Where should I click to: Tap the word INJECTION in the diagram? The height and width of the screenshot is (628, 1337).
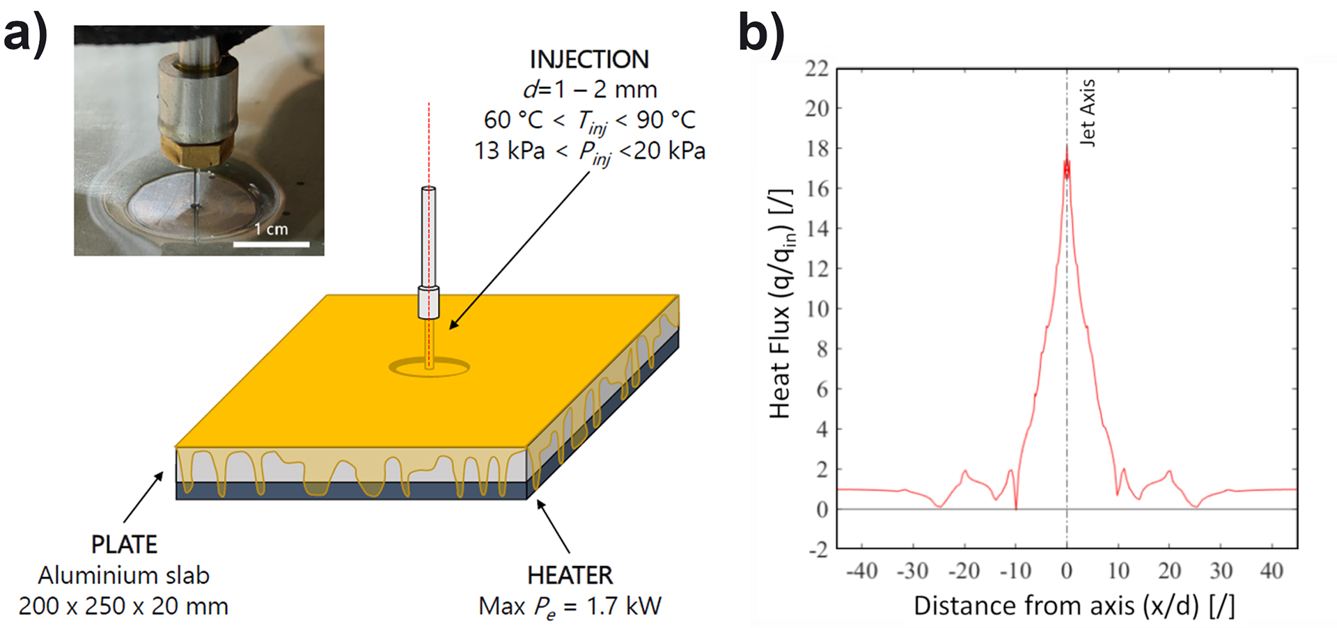(589, 60)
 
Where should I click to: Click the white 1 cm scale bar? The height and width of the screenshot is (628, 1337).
(271, 244)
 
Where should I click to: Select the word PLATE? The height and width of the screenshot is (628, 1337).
(124, 544)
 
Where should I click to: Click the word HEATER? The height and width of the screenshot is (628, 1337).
(570, 576)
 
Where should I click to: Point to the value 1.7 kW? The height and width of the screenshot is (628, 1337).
(623, 606)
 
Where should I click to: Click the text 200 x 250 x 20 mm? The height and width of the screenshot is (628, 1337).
(123, 606)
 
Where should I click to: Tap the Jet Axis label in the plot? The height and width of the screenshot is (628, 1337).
(1087, 112)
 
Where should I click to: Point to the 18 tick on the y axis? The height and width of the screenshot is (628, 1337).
(817, 148)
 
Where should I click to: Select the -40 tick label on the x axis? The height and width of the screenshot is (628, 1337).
(861, 571)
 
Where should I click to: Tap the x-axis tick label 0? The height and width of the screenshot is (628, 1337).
(1067, 571)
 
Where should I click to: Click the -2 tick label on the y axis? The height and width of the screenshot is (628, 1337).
(818, 549)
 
